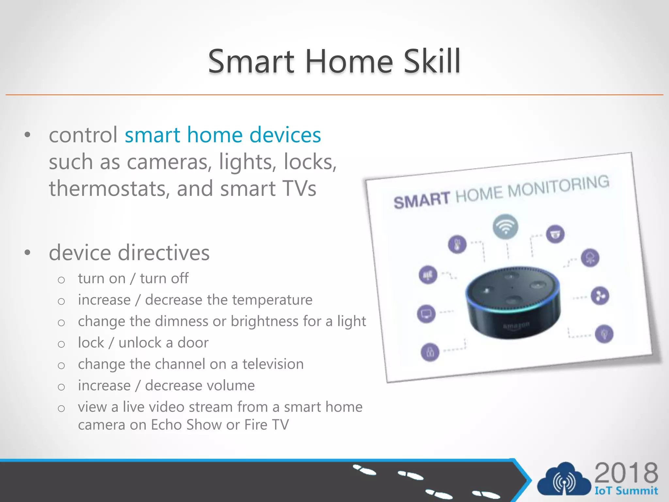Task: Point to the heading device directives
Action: click(129, 253)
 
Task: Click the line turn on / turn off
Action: click(133, 278)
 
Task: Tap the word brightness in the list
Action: click(264, 321)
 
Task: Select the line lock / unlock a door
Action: click(143, 343)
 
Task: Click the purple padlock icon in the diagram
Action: click(430, 352)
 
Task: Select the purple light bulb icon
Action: click(604, 334)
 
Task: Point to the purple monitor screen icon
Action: click(426, 314)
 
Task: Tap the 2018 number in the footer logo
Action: click(626, 473)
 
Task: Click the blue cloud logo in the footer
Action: click(564, 479)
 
